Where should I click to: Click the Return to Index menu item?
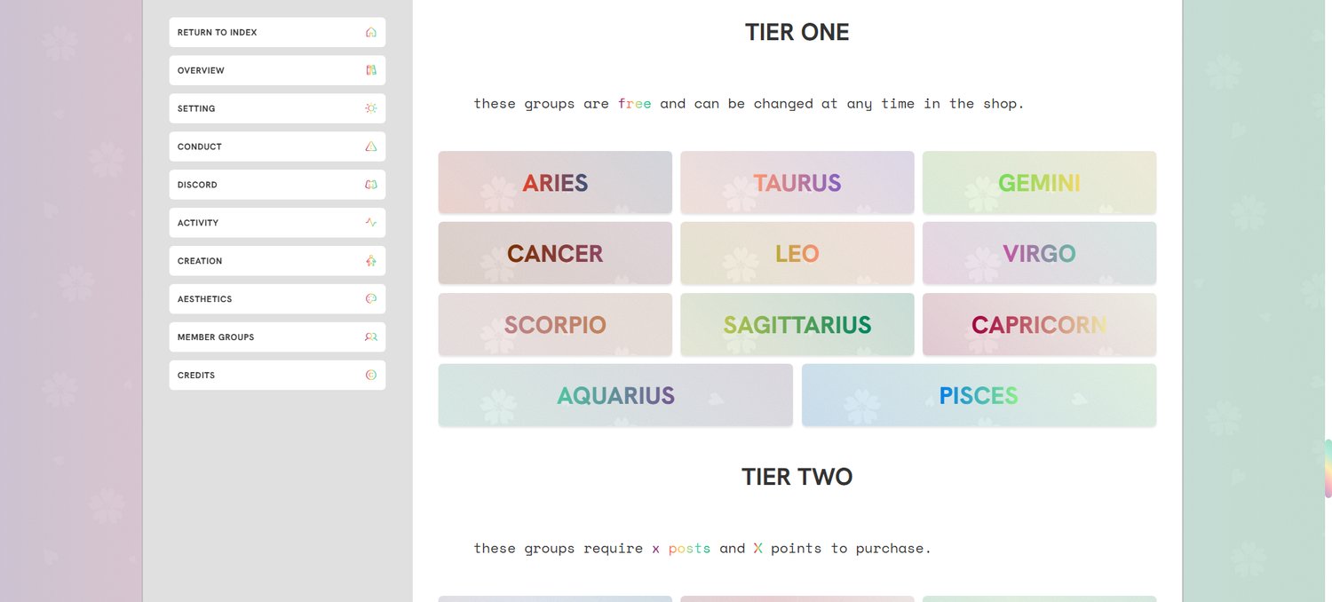(x=277, y=32)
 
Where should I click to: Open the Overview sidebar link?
(x=277, y=70)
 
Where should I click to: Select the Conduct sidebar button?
(x=277, y=147)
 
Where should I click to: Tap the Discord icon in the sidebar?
(x=371, y=185)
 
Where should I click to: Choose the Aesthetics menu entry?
(x=277, y=298)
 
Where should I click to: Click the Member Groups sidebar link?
(x=277, y=337)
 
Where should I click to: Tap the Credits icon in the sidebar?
(x=371, y=375)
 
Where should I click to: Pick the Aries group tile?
(x=555, y=182)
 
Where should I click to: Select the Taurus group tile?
(x=797, y=182)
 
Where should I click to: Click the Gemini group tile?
(x=1040, y=182)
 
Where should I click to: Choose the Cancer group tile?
(x=555, y=253)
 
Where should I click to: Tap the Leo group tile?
(x=797, y=253)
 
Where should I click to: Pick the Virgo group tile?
(x=1040, y=253)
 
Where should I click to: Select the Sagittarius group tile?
(x=797, y=324)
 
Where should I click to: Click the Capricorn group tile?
(x=1040, y=324)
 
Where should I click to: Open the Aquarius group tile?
(x=615, y=395)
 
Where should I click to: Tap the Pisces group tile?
(x=979, y=395)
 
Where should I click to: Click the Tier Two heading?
(x=797, y=477)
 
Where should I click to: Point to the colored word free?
(x=635, y=104)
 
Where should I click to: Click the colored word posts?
(x=689, y=549)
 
